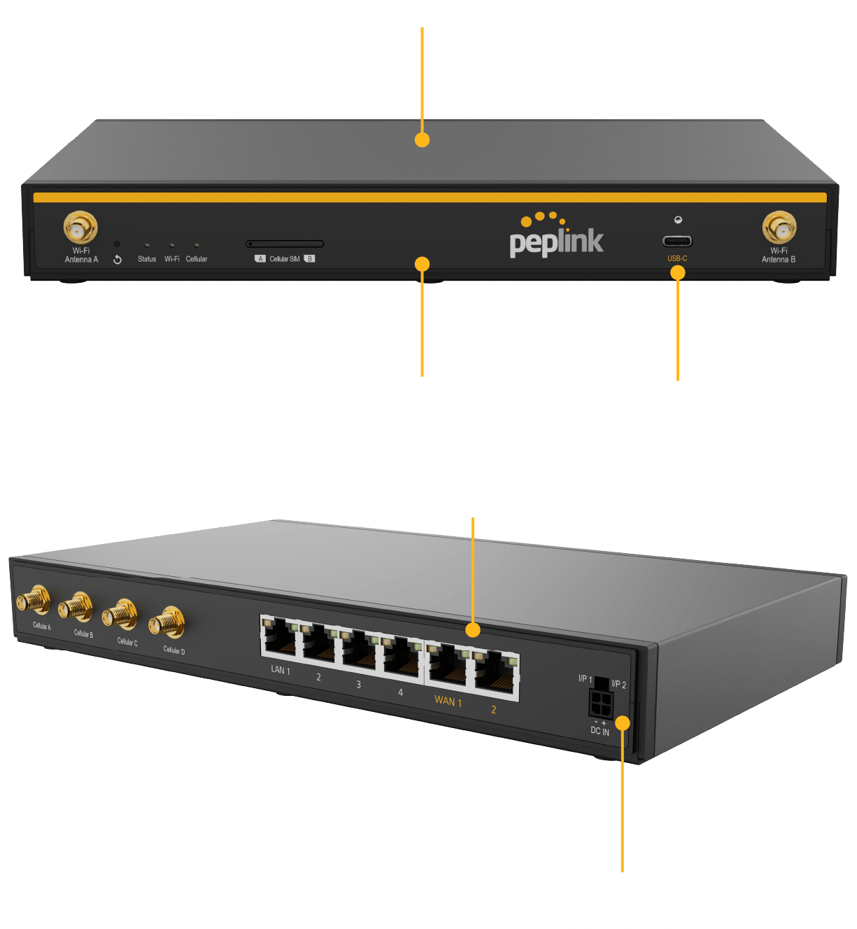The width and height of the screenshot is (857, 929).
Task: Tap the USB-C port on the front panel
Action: point(677,242)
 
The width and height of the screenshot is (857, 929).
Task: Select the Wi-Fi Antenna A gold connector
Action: point(80,228)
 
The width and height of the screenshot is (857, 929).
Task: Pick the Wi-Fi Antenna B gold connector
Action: point(779,228)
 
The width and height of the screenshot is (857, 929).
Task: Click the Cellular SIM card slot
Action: point(285,244)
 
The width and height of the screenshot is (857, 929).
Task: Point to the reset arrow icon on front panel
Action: point(118,260)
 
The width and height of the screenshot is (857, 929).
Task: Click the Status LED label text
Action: point(147,259)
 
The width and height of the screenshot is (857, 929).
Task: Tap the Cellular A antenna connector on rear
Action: point(34,601)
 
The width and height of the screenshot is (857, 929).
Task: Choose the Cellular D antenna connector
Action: point(167,622)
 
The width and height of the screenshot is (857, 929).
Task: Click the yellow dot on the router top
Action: point(422,140)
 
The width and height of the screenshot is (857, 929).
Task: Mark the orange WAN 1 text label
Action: point(448,700)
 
